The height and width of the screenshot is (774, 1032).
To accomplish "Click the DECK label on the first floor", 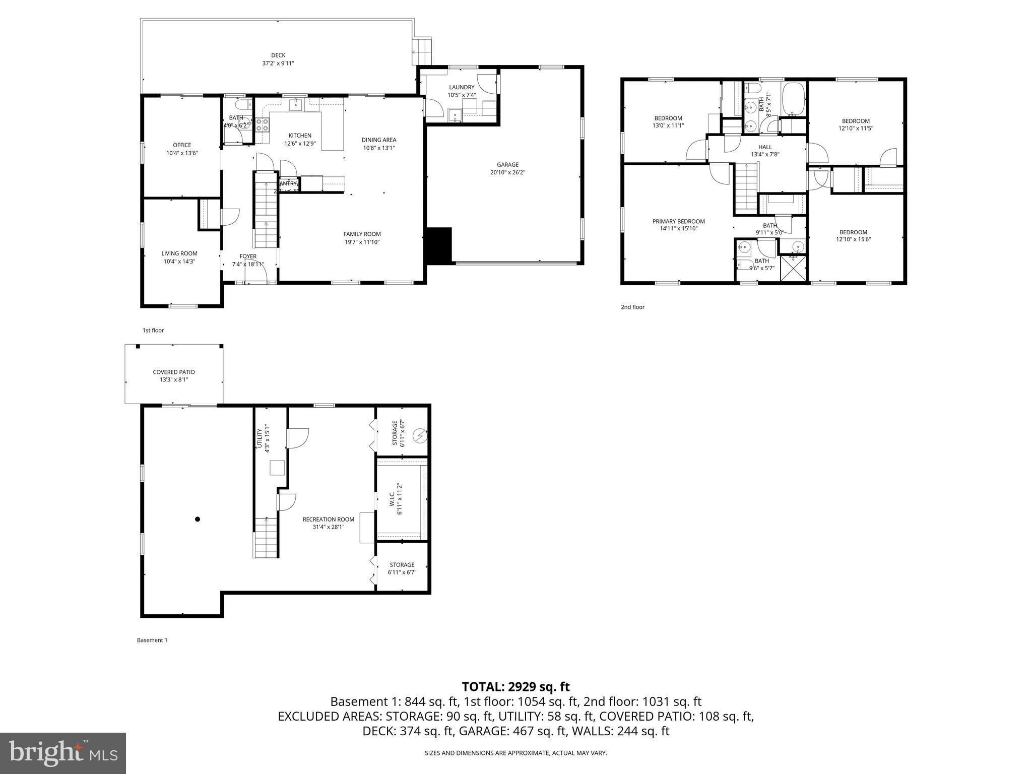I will tap(278, 55).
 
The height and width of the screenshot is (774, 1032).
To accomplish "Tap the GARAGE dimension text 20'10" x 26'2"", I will tap(507, 173).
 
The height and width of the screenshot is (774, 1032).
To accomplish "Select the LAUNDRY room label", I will tap(462, 87).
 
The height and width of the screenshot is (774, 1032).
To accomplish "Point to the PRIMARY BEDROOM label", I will tap(678, 221).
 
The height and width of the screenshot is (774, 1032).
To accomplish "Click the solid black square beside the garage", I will tap(439, 245).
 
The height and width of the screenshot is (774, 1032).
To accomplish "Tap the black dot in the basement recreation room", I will tap(198, 519).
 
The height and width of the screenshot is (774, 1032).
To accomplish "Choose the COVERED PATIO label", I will tap(174, 372).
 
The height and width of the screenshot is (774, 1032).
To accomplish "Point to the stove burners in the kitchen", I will tap(262, 124).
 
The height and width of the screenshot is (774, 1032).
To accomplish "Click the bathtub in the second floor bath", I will tap(794, 99).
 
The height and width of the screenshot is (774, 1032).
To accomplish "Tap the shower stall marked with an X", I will tap(793, 268).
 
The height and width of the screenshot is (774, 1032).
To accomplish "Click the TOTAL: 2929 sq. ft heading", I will tap(515, 687).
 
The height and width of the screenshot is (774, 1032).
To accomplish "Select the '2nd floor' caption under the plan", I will tap(632, 307).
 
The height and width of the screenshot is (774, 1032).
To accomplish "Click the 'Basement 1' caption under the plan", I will tap(152, 640).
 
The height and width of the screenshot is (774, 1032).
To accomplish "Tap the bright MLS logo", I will tap(63, 753).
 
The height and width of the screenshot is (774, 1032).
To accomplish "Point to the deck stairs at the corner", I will tap(422, 51).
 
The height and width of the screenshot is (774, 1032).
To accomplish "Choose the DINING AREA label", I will tap(378, 140).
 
